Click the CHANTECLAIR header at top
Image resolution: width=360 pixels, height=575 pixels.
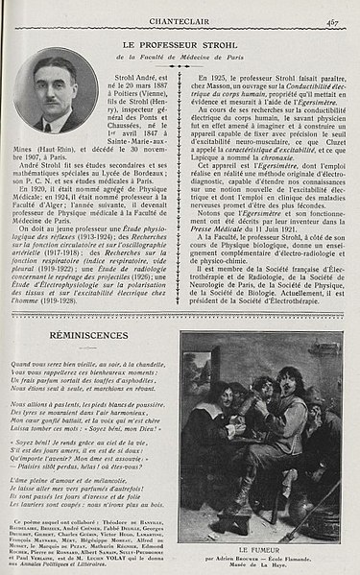tap(180, 10)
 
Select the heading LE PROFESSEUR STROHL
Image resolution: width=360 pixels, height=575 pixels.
tap(180, 45)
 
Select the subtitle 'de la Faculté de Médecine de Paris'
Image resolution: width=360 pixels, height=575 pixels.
tap(180, 58)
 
